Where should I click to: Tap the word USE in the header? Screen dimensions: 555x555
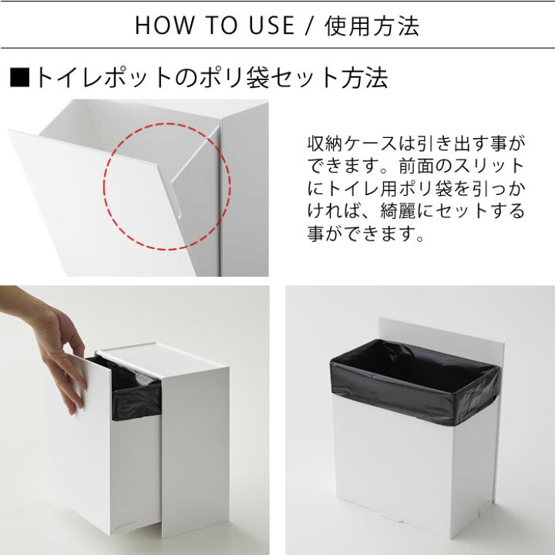click(271, 25)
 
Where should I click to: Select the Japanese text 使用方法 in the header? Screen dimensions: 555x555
click(372, 26)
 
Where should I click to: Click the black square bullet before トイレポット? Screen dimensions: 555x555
click(19, 78)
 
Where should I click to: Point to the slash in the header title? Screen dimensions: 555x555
click(309, 25)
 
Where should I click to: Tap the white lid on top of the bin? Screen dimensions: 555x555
click(163, 358)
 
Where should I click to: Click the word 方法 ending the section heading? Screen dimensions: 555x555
click(365, 78)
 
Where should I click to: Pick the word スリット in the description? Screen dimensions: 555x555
click(489, 166)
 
